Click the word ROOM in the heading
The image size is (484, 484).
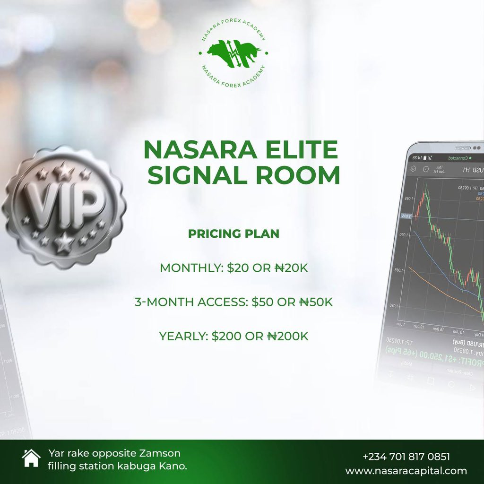pyautogui.click(x=298, y=176)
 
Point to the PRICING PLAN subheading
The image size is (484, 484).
pyautogui.click(x=233, y=234)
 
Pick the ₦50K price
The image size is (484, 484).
pyautogui.click(x=316, y=302)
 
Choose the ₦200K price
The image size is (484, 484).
pyautogui.click(x=287, y=337)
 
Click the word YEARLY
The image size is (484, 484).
pyautogui.click(x=183, y=337)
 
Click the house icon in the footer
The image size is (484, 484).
pyautogui.click(x=31, y=458)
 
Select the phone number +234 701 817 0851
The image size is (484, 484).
pyautogui.click(x=406, y=457)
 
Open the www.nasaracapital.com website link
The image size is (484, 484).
pyautogui.click(x=406, y=471)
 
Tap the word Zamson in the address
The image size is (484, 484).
pyautogui.click(x=159, y=453)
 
